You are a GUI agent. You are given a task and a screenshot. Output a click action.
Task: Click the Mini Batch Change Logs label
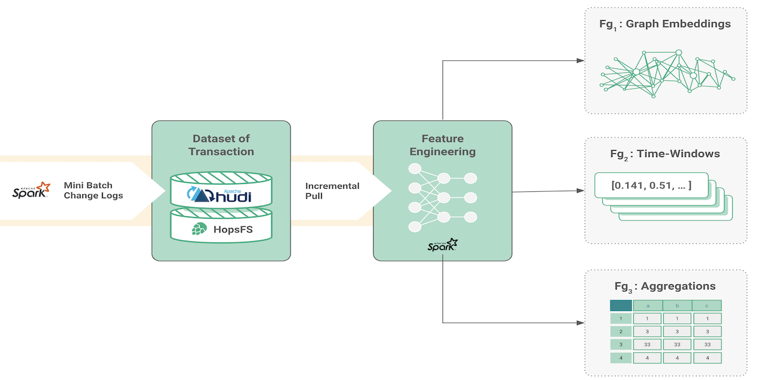pyautogui.click(x=93, y=190)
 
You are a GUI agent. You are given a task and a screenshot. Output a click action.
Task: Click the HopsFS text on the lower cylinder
pyautogui.click(x=232, y=229)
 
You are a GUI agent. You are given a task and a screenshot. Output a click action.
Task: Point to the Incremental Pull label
pyautogui.click(x=332, y=191)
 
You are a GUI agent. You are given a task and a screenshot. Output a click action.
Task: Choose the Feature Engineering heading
pyautogui.click(x=442, y=145)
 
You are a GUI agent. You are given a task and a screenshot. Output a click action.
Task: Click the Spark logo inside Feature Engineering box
pyautogui.click(x=442, y=245)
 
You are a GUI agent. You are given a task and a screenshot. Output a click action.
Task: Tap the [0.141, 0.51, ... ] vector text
pyautogui.click(x=651, y=186)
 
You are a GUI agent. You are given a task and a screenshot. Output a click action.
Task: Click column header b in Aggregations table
pyautogui.click(x=677, y=306)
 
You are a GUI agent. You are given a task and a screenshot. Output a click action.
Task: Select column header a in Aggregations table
pyautogui.click(x=647, y=306)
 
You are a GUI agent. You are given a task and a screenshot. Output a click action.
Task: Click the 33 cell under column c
pyautogui.click(x=707, y=345)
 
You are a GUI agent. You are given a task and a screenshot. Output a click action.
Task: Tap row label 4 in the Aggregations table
pyautogui.click(x=621, y=358)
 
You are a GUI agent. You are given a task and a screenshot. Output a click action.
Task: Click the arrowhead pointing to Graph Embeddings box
pyautogui.click(x=580, y=61)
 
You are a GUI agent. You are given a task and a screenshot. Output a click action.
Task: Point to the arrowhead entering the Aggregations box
pyautogui.click(x=580, y=322)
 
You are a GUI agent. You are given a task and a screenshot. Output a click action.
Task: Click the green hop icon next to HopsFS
pyautogui.click(x=198, y=229)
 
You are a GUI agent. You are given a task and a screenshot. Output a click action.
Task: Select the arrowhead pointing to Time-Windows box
pyautogui.click(x=580, y=191)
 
